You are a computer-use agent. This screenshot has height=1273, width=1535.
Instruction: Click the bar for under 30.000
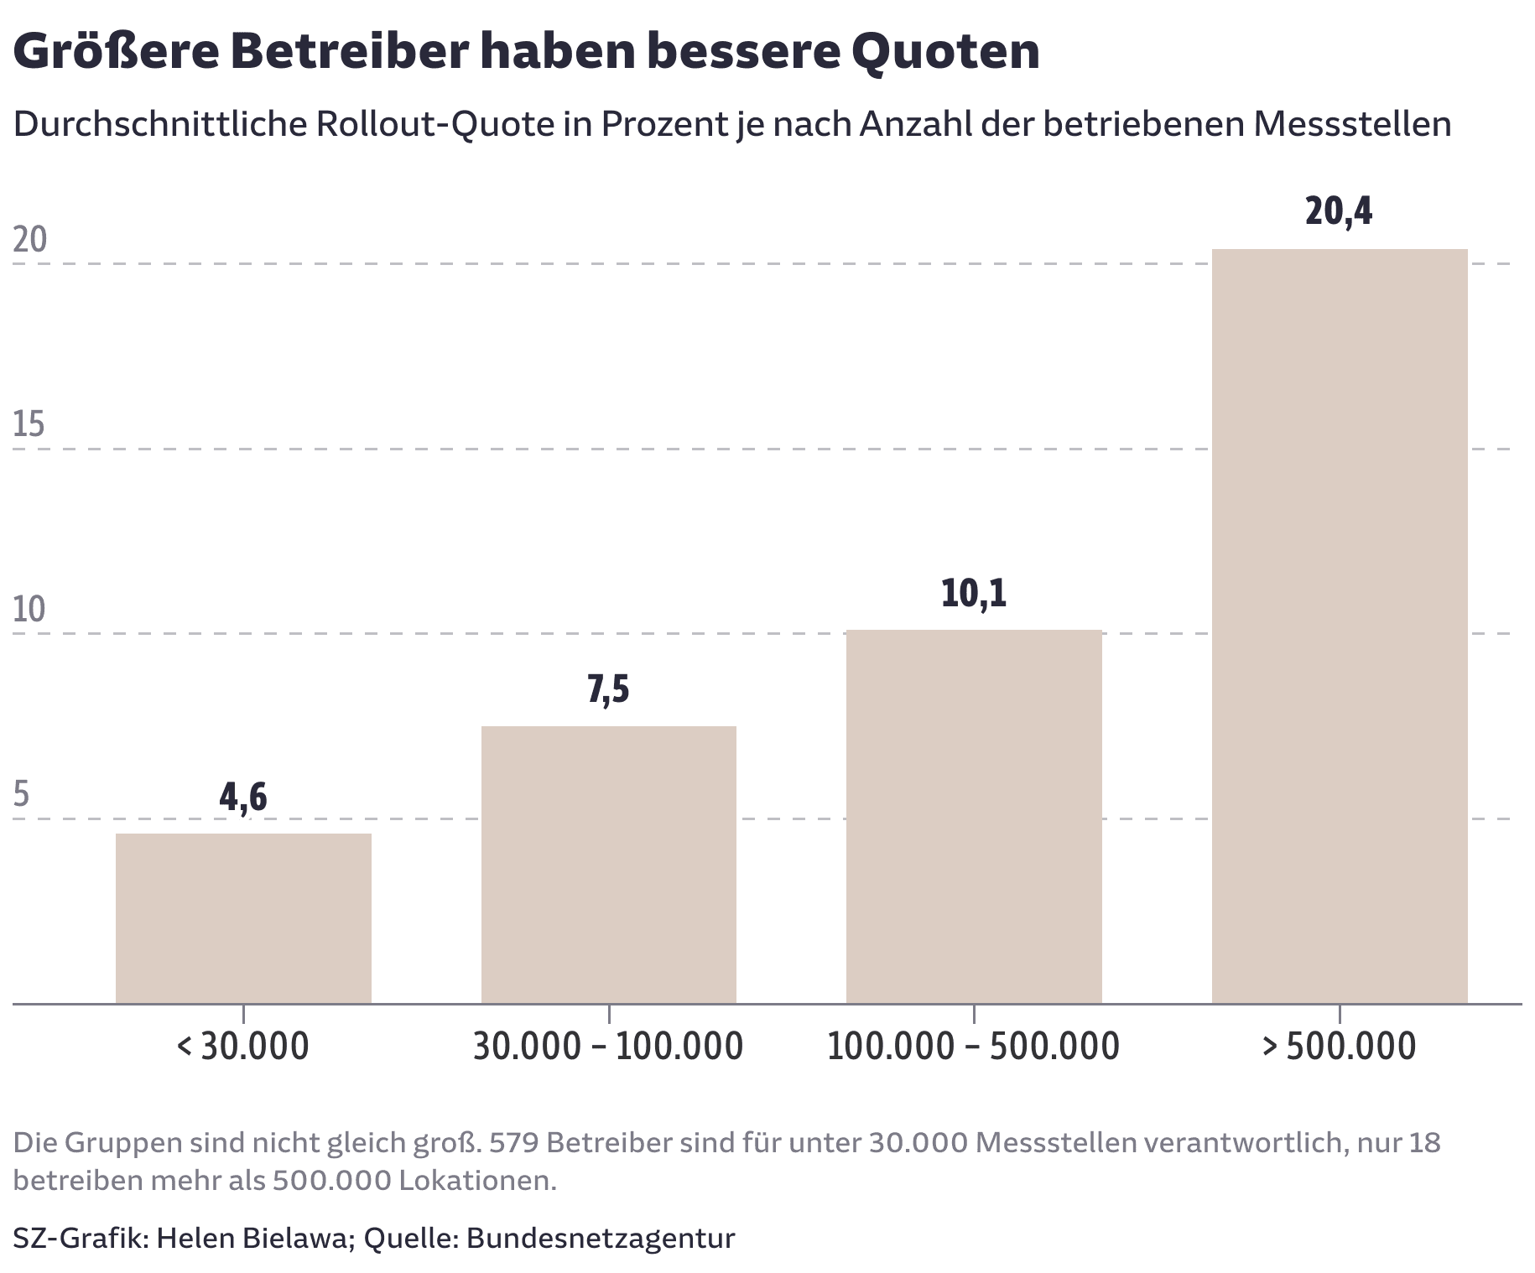243,918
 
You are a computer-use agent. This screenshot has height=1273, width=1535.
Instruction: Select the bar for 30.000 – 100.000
608,864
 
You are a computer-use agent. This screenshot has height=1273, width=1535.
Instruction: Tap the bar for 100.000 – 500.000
974,816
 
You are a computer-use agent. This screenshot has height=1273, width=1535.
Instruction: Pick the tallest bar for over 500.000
1340,626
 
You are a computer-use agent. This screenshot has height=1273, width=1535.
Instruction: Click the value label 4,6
243,798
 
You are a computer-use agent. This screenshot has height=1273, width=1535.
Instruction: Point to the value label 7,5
608,690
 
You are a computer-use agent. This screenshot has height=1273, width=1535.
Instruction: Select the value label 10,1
974,594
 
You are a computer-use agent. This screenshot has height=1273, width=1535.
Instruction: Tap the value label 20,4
1339,211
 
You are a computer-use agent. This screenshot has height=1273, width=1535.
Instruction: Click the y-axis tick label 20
30,241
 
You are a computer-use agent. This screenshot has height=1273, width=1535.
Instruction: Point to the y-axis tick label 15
29,425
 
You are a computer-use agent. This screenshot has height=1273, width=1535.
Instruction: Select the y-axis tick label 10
29,610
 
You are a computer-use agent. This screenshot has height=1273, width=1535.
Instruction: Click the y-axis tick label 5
22,794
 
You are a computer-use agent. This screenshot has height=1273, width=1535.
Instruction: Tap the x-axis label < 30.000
243,1047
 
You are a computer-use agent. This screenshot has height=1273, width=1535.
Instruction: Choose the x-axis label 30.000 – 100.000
608,1047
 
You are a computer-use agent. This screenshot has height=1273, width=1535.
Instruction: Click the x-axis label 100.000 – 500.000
973,1047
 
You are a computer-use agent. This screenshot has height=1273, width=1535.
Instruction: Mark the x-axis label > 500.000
1339,1047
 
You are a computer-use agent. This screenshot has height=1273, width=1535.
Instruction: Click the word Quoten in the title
944,52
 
